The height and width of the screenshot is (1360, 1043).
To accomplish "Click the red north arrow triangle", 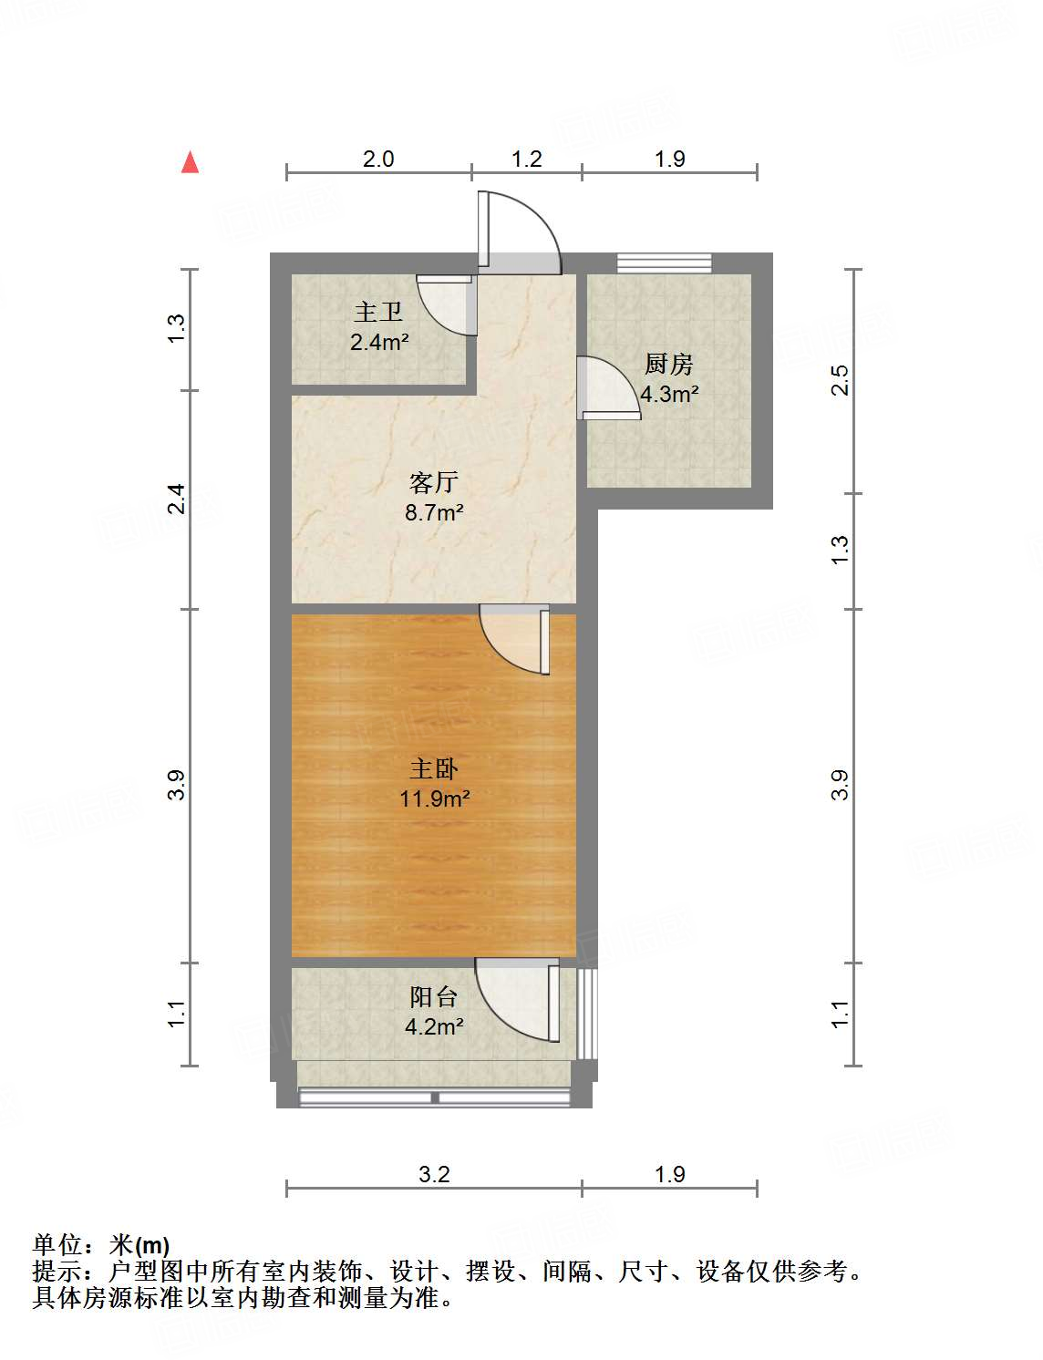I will [190, 162].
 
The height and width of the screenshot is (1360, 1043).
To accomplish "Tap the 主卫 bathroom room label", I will [378, 313].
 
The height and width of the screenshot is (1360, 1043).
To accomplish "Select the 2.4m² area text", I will [379, 343].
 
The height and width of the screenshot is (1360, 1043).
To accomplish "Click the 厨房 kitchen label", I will [669, 364].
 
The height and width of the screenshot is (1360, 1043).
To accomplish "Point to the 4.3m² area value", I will [669, 394].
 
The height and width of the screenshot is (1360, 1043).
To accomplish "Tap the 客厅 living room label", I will [434, 481].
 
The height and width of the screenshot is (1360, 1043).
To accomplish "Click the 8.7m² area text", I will [434, 512].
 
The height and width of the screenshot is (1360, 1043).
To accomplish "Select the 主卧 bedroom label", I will [434, 768].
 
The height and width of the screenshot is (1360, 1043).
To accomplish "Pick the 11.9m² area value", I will [434, 799].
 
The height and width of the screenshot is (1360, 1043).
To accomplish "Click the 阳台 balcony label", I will [434, 996].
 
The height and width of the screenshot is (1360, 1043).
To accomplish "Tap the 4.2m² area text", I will [434, 1027].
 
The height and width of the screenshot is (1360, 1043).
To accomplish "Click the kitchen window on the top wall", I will [664, 263].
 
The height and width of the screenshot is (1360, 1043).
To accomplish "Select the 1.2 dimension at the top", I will [527, 160].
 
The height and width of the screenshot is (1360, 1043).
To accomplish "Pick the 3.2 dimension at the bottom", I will [434, 1174].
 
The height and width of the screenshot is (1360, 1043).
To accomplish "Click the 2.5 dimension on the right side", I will [840, 380].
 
